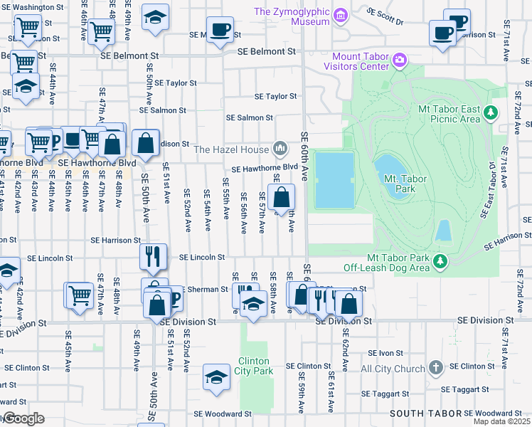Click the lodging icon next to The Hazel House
coord(280,149)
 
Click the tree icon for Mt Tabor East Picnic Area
coord(490,112)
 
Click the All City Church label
coord(393,369)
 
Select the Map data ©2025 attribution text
coord(501,421)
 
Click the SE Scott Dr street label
coord(385,12)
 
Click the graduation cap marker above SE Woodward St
coord(216,377)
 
